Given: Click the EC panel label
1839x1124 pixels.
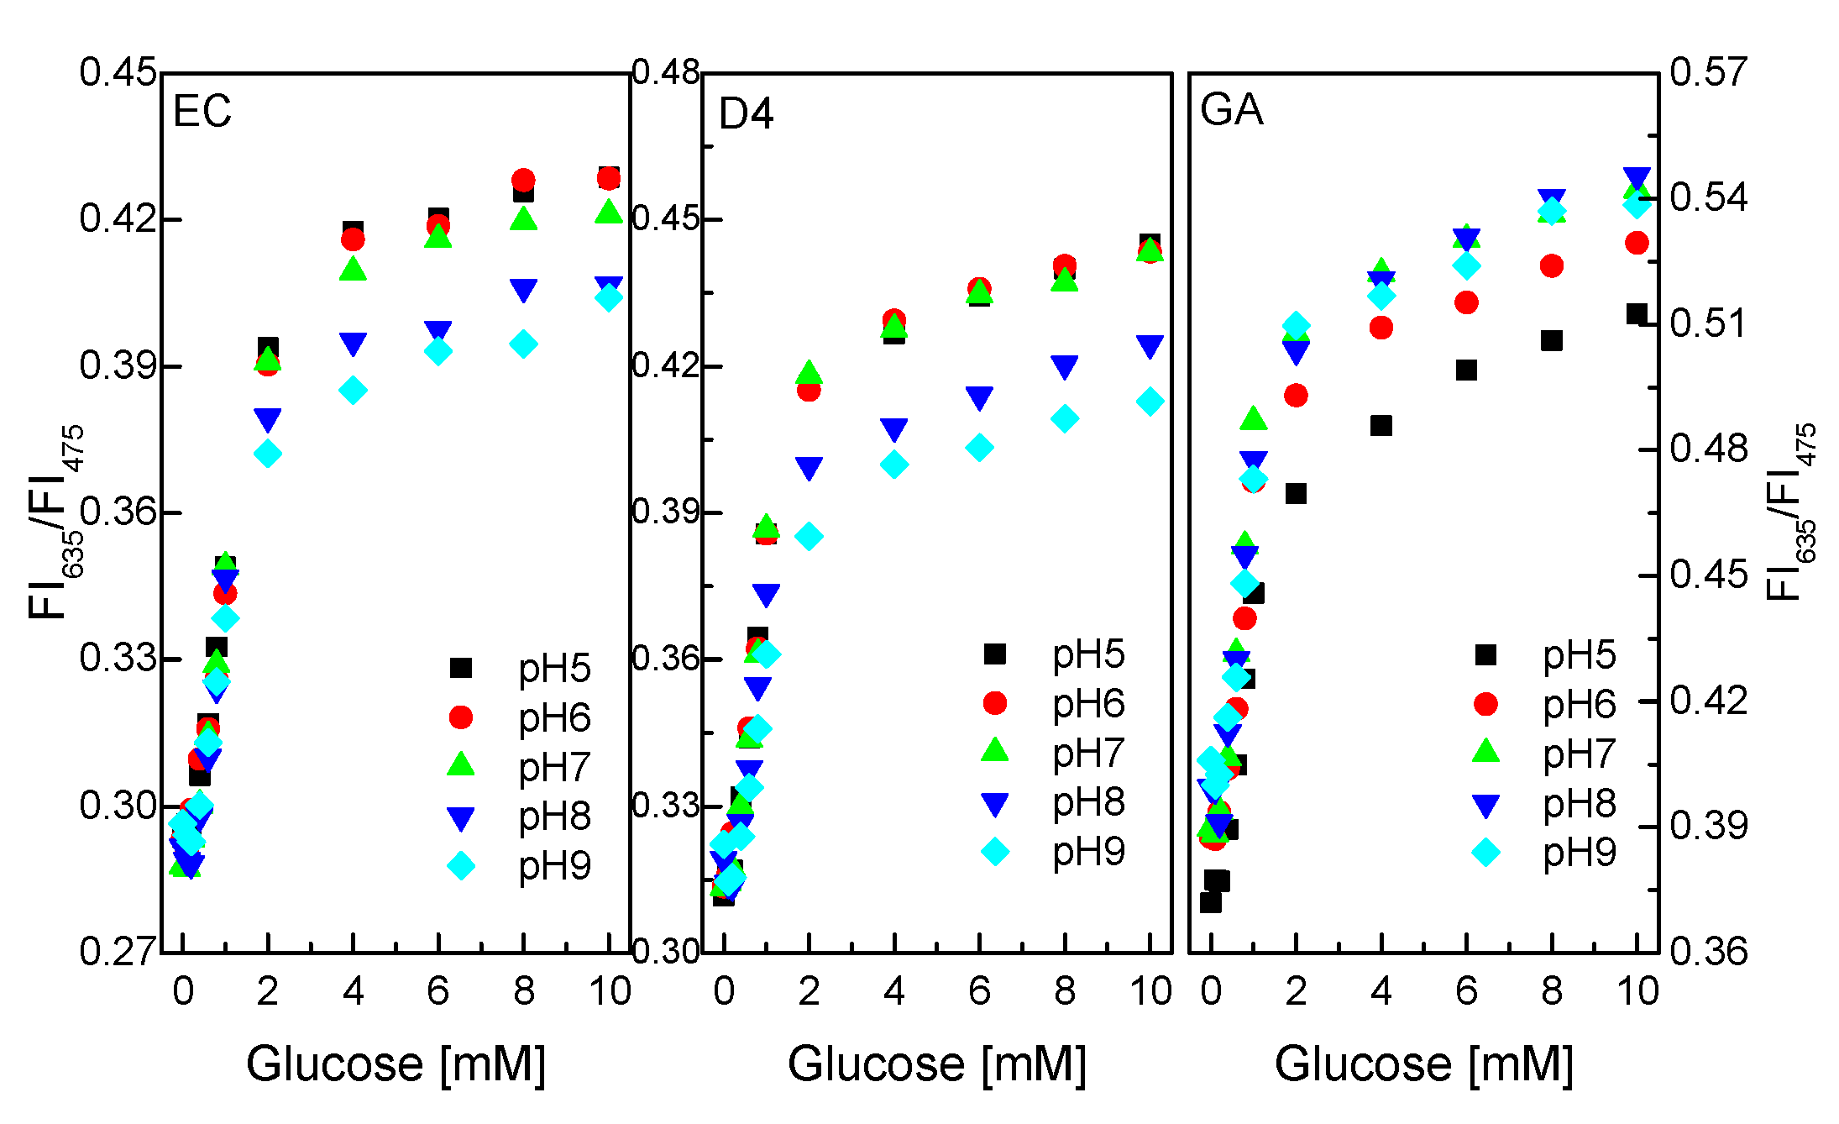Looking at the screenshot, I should pos(202,111).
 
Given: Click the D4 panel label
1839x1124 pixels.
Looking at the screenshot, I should pos(746,113).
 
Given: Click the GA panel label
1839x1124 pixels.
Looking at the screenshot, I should pos(1231,110).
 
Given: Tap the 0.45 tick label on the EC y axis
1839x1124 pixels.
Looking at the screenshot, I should pos(118,72).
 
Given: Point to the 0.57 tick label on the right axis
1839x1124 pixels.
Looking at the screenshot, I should pos(1708,72).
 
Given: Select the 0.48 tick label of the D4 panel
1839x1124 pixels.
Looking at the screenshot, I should pos(666,73).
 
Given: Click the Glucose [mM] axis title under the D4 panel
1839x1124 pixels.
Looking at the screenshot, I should pos(936,1064).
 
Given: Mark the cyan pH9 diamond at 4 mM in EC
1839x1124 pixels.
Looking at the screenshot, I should pos(353,391).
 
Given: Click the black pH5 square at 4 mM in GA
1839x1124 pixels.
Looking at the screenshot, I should pos(1381,426).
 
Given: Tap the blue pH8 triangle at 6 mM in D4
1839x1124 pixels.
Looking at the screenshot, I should pos(979,398).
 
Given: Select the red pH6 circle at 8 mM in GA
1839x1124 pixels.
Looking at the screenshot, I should pos(1551,266).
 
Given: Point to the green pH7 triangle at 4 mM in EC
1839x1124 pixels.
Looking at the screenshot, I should pos(353,270).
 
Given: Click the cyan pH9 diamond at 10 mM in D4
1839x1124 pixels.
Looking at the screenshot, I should pos(1150,402).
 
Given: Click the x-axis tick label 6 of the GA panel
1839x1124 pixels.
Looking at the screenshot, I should pos(1466,992).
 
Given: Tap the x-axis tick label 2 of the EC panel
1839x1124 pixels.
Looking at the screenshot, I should pos(267,992).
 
